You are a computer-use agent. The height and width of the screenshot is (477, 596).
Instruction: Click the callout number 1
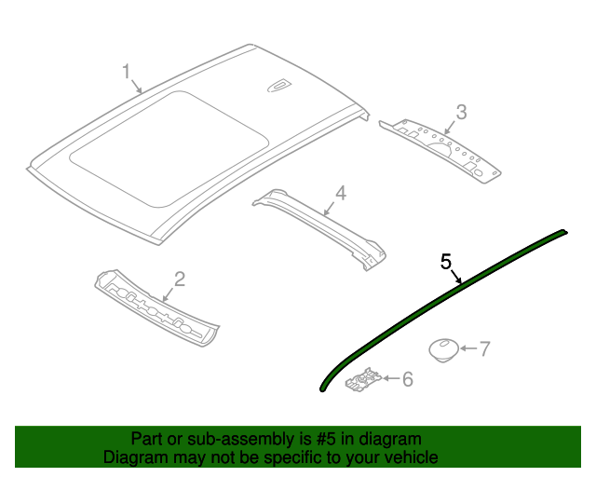pos(127,71)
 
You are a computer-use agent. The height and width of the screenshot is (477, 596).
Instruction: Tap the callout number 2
pos(180,278)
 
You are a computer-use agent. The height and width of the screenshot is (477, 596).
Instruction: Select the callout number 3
pos(461,113)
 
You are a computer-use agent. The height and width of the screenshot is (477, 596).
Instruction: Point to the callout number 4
pos(341,193)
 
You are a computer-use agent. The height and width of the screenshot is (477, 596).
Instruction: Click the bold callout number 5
pos(446,261)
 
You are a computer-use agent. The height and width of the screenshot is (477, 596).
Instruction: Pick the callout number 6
pos(406,378)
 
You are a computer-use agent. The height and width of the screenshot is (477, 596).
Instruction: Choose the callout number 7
pos(484,349)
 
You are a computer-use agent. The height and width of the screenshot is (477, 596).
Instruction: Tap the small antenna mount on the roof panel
pos(279,88)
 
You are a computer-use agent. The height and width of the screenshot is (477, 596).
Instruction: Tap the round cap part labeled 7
pos(441,349)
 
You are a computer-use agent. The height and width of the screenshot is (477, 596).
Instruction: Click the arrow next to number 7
pos(467,349)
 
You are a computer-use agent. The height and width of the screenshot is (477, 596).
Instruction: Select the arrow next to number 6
pos(389,378)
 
